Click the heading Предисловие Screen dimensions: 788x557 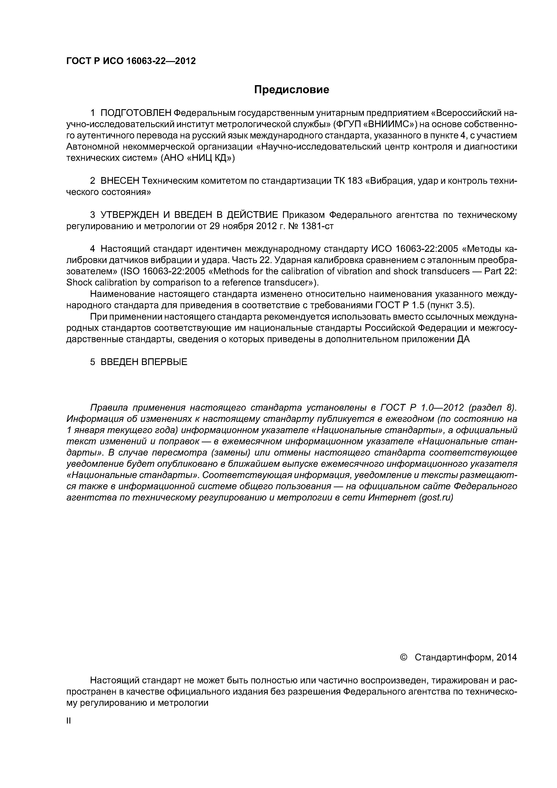pyautogui.click(x=291, y=90)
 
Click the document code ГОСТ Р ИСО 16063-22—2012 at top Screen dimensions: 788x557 pyautogui.click(x=131, y=61)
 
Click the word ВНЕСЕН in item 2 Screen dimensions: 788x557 pyautogui.click(x=120, y=181)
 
